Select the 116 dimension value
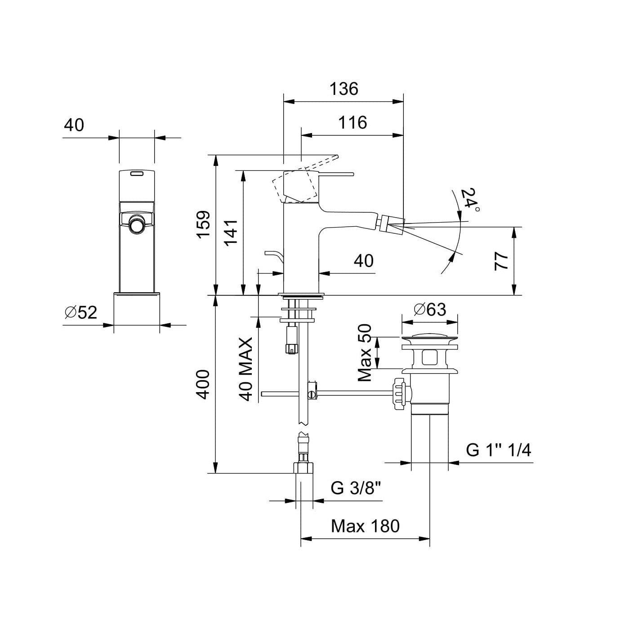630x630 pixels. coord(353,122)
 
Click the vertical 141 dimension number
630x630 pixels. coord(231,232)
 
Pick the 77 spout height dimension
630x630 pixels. coord(501,261)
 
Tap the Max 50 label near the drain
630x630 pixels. coord(365,353)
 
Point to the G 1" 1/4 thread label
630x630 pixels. coord(498,450)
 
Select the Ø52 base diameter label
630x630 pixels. coord(81,312)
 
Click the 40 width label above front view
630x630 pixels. coord(74,125)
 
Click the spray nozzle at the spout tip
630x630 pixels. coord(391,223)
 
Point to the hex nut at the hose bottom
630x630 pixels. coord(304,468)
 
